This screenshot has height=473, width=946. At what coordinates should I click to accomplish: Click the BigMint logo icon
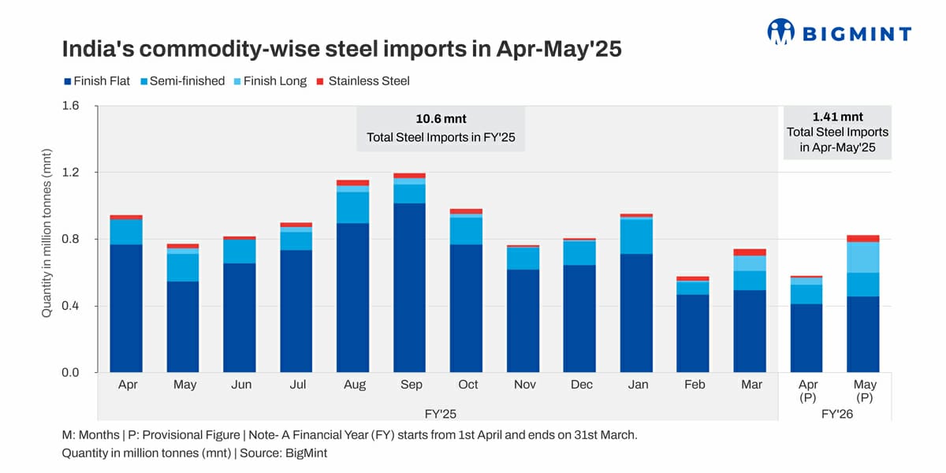pyautogui.click(x=780, y=32)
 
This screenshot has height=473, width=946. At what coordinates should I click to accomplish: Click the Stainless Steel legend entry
pyautogui.click(x=363, y=80)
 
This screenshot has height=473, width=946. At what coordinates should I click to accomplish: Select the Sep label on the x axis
pyautogui.click(x=411, y=385)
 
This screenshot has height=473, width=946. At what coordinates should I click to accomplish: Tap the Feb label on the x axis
pyautogui.click(x=694, y=385)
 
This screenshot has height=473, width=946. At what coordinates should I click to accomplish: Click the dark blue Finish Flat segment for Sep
pyautogui.click(x=411, y=288)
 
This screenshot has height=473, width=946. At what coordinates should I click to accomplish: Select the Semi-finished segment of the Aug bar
pyautogui.click(x=354, y=207)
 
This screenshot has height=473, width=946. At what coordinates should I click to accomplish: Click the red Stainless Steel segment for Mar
pyautogui.click(x=750, y=252)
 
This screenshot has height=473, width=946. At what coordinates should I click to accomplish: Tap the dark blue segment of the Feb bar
pyautogui.click(x=694, y=333)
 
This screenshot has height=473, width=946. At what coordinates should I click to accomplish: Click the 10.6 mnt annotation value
pyautogui.click(x=441, y=119)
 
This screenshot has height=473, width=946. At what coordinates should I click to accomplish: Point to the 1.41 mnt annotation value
pyautogui.click(x=837, y=117)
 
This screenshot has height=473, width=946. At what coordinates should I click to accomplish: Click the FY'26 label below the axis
pyautogui.click(x=836, y=412)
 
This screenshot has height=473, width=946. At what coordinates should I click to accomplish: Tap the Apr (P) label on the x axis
pyautogui.click(x=808, y=391)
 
